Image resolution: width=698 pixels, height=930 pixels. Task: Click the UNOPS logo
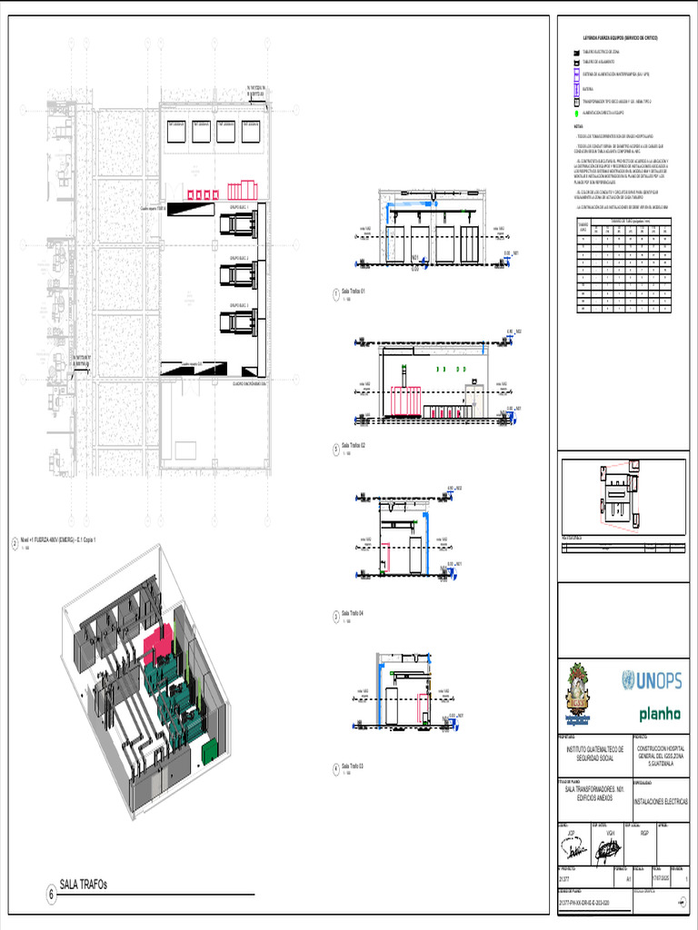(x=652, y=679)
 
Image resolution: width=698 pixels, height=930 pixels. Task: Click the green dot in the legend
(x=576, y=114)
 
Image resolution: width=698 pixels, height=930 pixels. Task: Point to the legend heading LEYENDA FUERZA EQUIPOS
(x=621, y=39)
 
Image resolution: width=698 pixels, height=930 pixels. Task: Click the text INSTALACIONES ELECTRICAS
(x=661, y=802)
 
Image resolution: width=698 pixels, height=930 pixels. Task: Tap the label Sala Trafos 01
(x=353, y=292)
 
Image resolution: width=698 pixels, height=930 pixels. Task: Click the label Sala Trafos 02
(x=353, y=446)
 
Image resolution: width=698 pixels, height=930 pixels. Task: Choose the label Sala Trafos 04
(x=353, y=614)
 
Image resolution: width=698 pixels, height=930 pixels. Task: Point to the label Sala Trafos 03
(x=353, y=767)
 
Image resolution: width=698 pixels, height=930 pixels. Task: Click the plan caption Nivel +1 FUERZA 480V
(x=64, y=539)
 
